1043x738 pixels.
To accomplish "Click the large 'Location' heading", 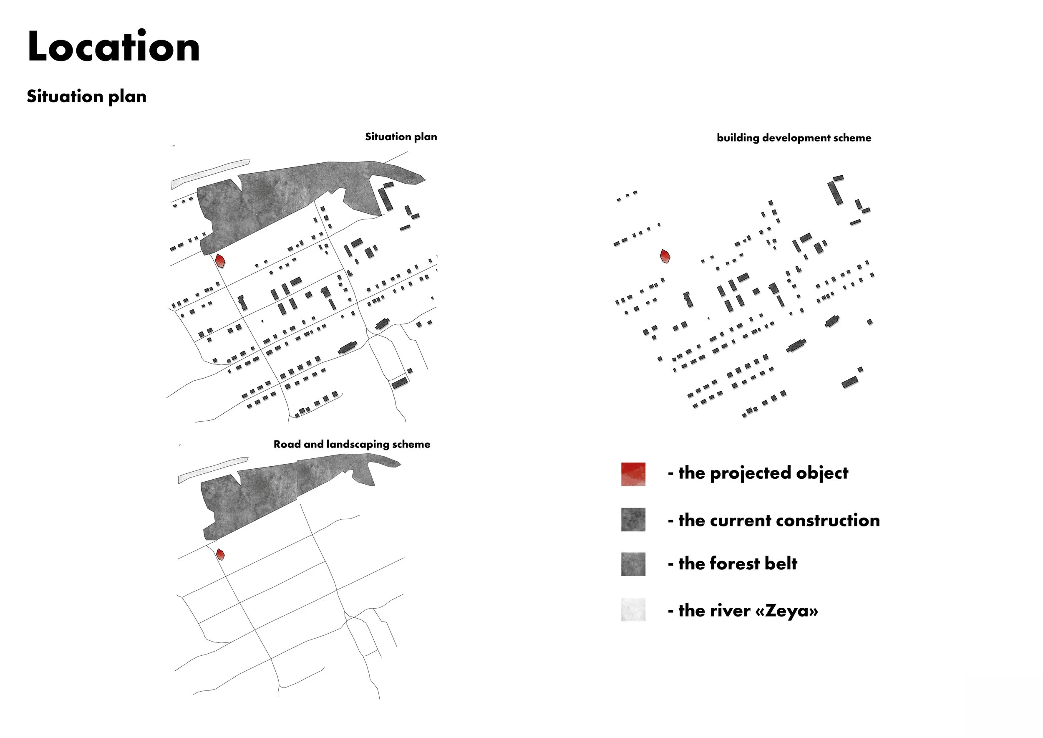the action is [113, 47].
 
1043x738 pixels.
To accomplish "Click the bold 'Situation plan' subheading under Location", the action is [86, 97].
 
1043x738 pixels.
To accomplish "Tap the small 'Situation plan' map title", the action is [401, 137].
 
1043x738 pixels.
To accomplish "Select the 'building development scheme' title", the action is [794, 138].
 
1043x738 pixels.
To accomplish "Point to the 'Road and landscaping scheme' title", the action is [352, 445].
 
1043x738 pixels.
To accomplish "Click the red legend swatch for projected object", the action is [633, 474].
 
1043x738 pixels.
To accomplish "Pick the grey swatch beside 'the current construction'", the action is [633, 519].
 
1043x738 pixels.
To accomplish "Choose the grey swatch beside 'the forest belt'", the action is [633, 564].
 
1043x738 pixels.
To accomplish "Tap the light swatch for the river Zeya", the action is [633, 609].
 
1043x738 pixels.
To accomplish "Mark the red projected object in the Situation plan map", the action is [220, 261].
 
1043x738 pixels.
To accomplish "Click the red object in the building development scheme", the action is [665, 256].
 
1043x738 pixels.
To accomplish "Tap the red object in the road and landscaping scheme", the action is [220, 554].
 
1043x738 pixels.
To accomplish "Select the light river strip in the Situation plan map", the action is [209, 174].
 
